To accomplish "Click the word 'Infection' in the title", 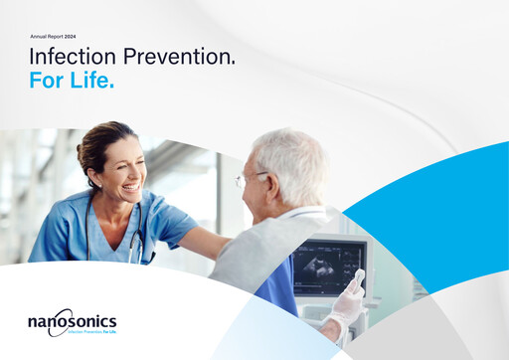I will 69,57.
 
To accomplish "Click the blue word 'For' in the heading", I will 47,81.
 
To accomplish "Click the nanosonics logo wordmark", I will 73,320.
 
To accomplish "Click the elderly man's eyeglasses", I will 250,180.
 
